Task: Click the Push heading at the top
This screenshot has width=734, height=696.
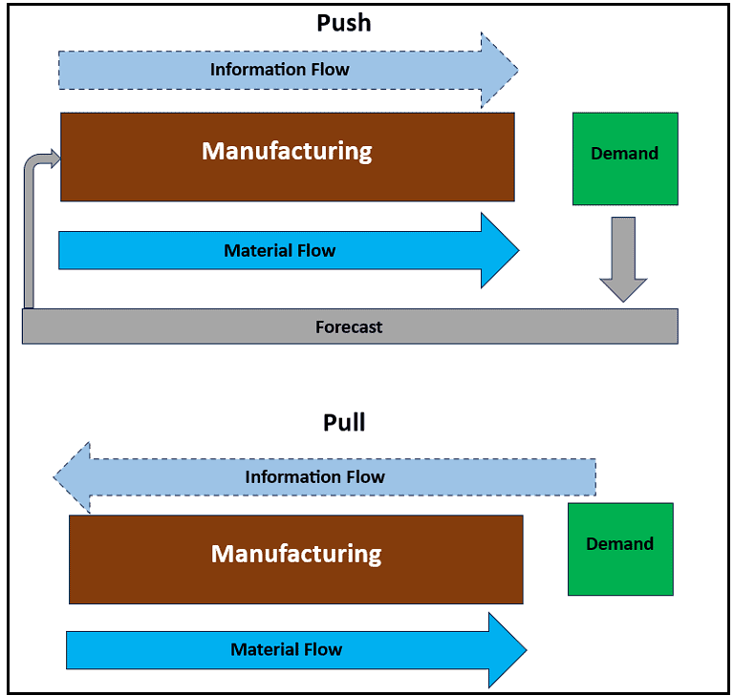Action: (x=343, y=23)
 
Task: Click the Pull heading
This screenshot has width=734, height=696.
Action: (x=344, y=422)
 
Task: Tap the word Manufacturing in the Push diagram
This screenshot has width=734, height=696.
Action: (x=287, y=151)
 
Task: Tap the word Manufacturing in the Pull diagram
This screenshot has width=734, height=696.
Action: (x=296, y=554)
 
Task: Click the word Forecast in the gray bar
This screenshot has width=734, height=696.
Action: (x=349, y=327)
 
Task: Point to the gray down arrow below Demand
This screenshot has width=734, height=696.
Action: (x=623, y=260)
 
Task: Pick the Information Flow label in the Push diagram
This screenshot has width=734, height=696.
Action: (x=279, y=70)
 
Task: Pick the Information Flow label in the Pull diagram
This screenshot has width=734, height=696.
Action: (x=314, y=477)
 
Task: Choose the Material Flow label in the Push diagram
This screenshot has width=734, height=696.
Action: (x=279, y=251)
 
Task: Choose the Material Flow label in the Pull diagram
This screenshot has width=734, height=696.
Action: (x=286, y=650)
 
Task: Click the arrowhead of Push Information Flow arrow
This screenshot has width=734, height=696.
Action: (x=499, y=70)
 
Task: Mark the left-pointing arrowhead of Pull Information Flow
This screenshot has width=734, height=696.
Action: (x=73, y=477)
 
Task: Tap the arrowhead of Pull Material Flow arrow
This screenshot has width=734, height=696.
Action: (x=507, y=650)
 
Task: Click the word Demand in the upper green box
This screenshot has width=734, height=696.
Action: (x=625, y=154)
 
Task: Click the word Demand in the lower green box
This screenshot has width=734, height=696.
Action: (x=620, y=544)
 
